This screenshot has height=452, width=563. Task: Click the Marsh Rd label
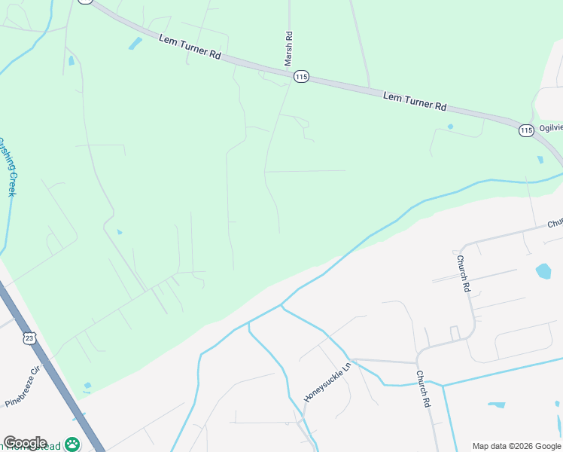tap(288, 50)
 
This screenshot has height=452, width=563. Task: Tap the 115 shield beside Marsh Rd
tap(302, 76)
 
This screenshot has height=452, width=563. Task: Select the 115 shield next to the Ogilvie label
tap(527, 131)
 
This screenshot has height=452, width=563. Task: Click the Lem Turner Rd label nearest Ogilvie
tap(415, 101)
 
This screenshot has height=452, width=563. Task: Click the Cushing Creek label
tap(7, 166)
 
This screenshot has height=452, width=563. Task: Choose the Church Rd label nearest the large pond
tap(464, 273)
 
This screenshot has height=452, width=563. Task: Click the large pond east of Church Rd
tap(543, 270)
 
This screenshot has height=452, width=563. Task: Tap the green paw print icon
tap(72, 444)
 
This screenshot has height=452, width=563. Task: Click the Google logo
tap(25, 443)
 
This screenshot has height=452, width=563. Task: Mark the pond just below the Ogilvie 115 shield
tap(540, 160)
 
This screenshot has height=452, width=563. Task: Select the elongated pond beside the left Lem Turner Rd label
tap(135, 44)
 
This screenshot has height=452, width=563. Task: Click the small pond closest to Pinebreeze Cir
tap(87, 386)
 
